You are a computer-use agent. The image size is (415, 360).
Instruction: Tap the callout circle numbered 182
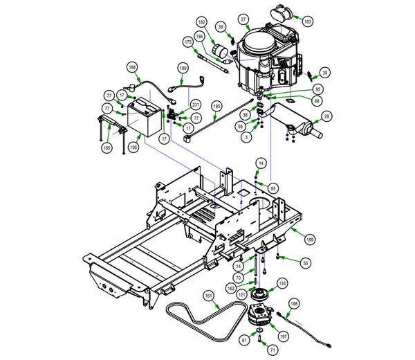tap(201, 22)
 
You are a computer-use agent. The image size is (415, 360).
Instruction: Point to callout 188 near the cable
tap(131, 67)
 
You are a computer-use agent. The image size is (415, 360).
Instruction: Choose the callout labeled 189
tap(183, 68)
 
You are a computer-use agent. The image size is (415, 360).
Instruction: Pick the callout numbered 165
tap(107, 147)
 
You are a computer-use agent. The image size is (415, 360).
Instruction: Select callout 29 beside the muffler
tap(327, 116)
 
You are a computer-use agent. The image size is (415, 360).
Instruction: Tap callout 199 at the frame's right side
tap(310, 238)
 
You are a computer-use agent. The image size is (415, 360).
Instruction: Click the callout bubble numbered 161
tap(208, 296)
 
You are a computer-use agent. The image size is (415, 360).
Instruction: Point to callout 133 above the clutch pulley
tap(282, 282)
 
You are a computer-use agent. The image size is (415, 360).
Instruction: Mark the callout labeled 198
tap(293, 303)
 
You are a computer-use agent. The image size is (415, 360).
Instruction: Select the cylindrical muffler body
tap(297, 125)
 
